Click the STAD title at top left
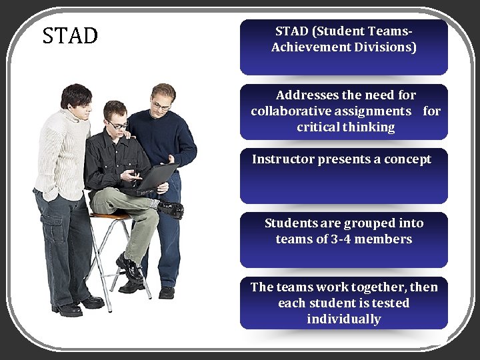pyautogui.click(x=70, y=35)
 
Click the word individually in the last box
pyautogui.click(x=343, y=319)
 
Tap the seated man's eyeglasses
pyautogui.click(x=117, y=125)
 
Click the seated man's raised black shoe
pyautogui.click(x=171, y=209)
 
